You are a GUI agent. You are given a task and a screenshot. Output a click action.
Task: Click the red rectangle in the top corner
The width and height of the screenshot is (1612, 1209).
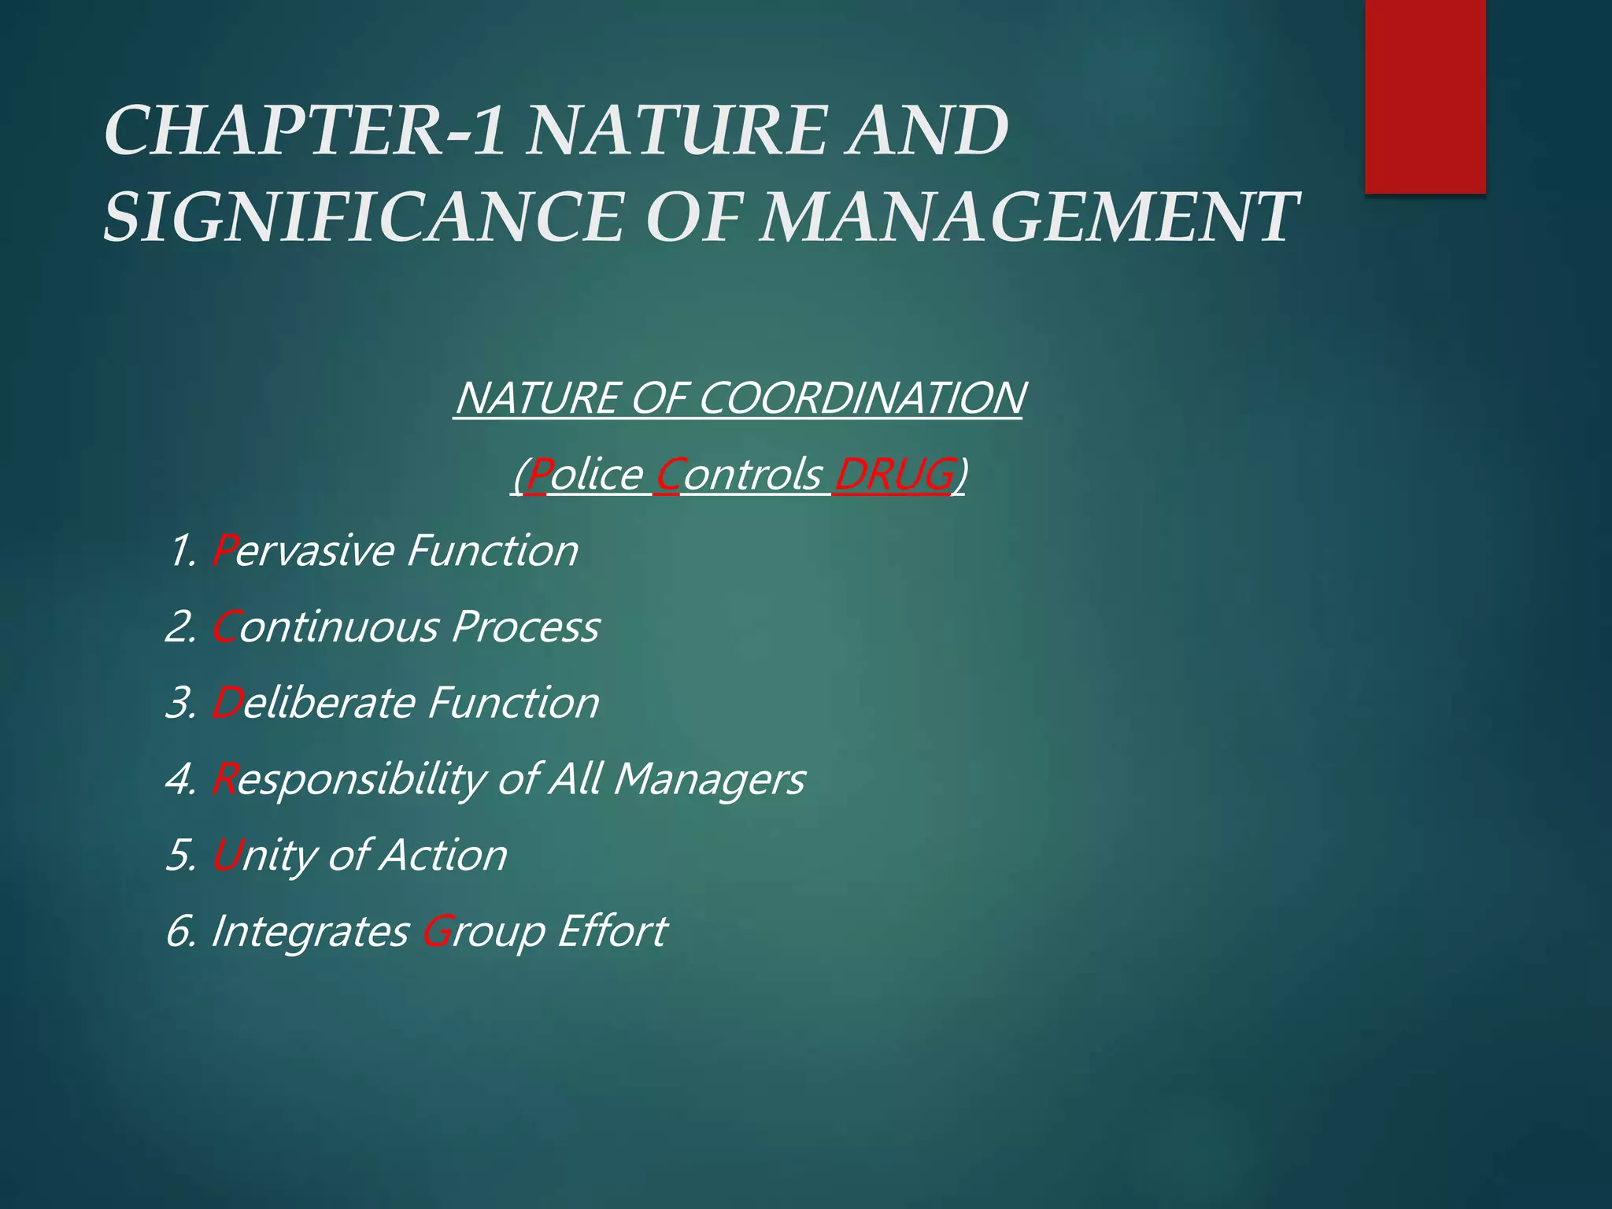[1425, 96]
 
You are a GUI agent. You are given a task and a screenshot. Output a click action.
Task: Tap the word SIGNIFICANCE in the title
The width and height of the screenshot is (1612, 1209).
[362, 216]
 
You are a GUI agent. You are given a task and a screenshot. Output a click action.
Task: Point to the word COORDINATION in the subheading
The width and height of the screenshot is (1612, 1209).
[861, 397]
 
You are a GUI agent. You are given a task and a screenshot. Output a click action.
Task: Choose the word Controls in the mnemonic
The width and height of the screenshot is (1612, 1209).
[738, 475]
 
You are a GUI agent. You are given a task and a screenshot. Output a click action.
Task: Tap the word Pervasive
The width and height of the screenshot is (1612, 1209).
[303, 550]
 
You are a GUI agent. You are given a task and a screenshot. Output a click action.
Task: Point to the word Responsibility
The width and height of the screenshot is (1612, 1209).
[349, 779]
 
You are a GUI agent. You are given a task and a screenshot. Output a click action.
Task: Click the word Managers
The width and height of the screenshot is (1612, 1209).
[708, 779]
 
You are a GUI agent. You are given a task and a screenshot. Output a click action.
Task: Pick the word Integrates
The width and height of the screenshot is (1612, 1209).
[309, 931]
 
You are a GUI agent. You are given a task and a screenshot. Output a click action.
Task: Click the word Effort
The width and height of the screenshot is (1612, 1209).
[612, 931]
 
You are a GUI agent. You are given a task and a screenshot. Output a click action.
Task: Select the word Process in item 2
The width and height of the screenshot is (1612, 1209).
[525, 627]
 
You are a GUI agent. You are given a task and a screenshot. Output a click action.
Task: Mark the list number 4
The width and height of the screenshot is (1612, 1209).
[179, 779]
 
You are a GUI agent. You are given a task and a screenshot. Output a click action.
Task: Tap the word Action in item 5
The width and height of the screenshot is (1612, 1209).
[443, 856]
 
